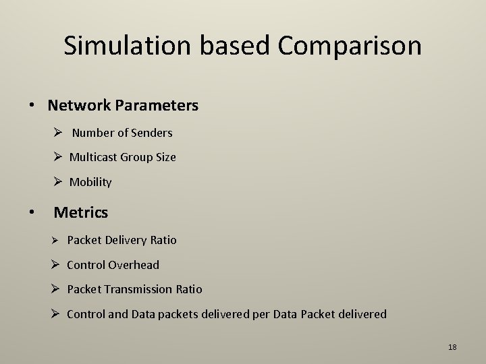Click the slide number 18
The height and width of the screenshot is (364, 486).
point(452,347)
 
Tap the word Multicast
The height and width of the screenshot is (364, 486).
point(94,157)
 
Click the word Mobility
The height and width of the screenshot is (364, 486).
point(90,182)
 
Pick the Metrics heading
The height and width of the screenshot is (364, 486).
point(81,212)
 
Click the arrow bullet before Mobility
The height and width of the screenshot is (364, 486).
point(57,182)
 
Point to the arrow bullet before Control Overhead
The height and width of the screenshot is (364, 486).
point(57,265)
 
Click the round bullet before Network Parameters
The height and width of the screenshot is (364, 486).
point(32,107)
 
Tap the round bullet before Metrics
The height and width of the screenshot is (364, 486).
point(32,213)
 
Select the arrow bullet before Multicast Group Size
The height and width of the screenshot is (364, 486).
point(57,157)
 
